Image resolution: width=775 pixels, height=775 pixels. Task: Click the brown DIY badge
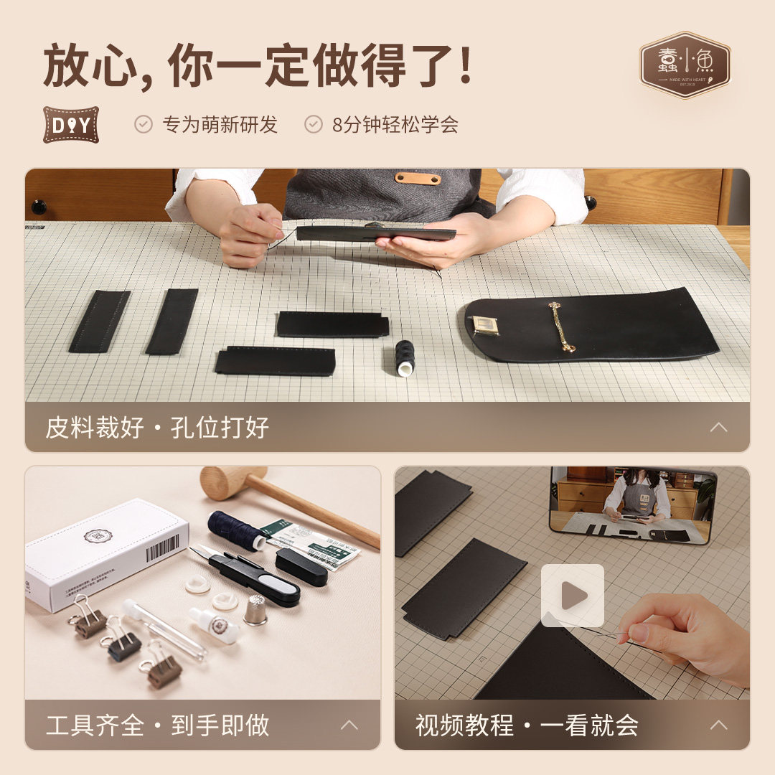click(70, 125)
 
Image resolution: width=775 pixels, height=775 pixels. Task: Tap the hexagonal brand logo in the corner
click(685, 65)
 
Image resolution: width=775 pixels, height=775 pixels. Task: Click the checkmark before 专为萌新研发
click(144, 124)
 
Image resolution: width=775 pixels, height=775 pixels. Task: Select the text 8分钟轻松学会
click(395, 125)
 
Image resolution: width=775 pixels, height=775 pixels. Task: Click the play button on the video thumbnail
click(572, 595)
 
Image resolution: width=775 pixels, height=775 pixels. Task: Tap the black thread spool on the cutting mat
click(405, 357)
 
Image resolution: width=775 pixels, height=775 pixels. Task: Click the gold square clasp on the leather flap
click(484, 325)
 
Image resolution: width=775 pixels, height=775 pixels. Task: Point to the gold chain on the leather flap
click(560, 327)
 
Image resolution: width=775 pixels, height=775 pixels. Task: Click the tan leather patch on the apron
click(418, 178)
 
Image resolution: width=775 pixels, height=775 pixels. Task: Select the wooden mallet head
click(232, 482)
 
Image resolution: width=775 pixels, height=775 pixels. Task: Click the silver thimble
click(255, 609)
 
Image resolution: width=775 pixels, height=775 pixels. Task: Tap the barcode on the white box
click(162, 549)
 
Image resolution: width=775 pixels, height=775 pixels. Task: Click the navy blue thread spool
click(235, 531)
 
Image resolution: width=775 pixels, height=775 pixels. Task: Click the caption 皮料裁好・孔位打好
click(157, 428)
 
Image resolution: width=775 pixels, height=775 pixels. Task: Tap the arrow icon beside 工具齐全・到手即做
click(349, 725)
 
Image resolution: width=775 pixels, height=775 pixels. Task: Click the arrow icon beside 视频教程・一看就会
click(718, 725)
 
